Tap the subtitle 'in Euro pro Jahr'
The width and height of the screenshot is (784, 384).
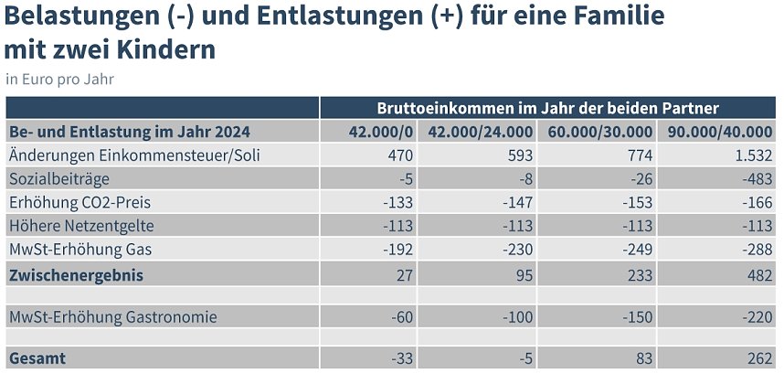(x=59, y=79)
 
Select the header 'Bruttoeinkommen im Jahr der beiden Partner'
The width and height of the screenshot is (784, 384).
(x=547, y=107)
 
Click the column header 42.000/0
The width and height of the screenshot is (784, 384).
(x=381, y=132)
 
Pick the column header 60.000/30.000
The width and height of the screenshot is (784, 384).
(x=599, y=132)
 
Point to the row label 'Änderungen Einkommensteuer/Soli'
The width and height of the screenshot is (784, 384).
(x=134, y=155)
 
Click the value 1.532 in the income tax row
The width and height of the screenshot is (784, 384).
(x=754, y=155)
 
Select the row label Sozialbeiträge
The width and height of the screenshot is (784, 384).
(x=61, y=179)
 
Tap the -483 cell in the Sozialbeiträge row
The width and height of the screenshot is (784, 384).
(x=758, y=179)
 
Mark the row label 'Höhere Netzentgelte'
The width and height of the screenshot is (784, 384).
(x=82, y=226)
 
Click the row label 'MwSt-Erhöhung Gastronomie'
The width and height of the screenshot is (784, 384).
(x=113, y=317)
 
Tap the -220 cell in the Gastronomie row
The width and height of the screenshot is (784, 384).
(x=758, y=317)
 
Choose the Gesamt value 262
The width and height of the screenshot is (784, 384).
(x=759, y=359)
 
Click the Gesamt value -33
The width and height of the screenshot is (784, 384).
(x=399, y=359)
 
